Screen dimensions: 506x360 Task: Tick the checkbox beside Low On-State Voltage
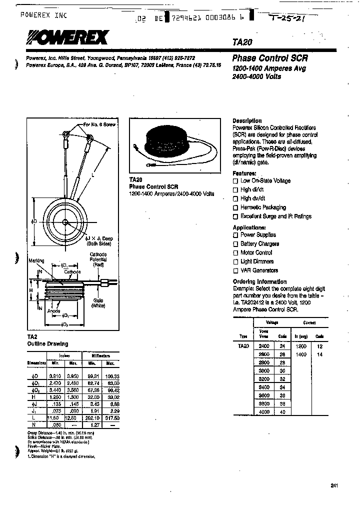[235, 181]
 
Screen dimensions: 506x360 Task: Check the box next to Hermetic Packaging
[235, 207]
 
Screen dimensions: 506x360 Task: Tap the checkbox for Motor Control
[235, 253]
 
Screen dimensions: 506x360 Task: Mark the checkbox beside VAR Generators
[235, 271]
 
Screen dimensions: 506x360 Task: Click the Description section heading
[247, 121]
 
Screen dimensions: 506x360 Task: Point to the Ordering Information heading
[259, 281]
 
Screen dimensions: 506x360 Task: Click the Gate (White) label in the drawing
[97, 302]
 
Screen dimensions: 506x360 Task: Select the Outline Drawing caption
[47, 344]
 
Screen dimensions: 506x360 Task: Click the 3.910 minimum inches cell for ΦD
[55, 375]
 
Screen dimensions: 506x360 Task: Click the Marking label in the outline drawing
[36, 261]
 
